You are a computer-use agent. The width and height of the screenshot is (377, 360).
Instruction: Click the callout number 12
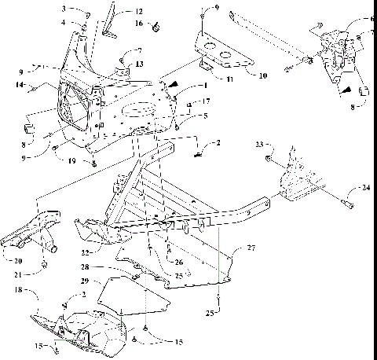coord(138,12)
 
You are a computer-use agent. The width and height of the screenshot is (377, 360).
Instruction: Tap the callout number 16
coord(138,24)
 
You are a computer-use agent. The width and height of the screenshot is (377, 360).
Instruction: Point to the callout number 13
coord(138,63)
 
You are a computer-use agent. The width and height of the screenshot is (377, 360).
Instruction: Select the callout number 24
coord(367,188)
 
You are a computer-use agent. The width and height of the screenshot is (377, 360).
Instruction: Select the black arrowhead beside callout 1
coord(170,80)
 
